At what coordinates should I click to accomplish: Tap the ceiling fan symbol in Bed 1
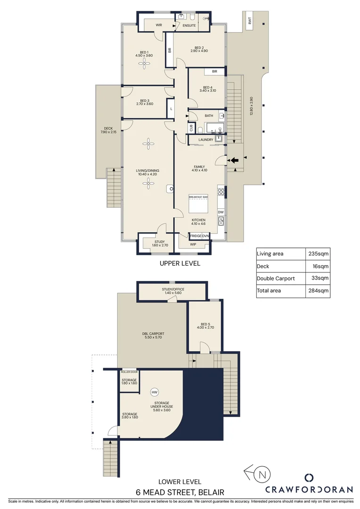(144, 66)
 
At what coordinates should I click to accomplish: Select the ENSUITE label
(189, 25)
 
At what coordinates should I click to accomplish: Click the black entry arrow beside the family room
(234, 160)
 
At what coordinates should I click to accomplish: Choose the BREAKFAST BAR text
(198, 197)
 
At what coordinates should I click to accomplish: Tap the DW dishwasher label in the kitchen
(220, 213)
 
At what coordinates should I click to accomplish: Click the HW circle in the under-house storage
(154, 392)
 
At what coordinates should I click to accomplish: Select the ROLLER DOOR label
(129, 372)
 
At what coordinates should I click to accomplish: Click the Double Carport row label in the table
(276, 279)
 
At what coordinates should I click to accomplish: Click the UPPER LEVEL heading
(180, 263)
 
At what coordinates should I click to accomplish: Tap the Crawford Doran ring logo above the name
(309, 477)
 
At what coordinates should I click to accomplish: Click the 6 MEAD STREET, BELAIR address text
(180, 492)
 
